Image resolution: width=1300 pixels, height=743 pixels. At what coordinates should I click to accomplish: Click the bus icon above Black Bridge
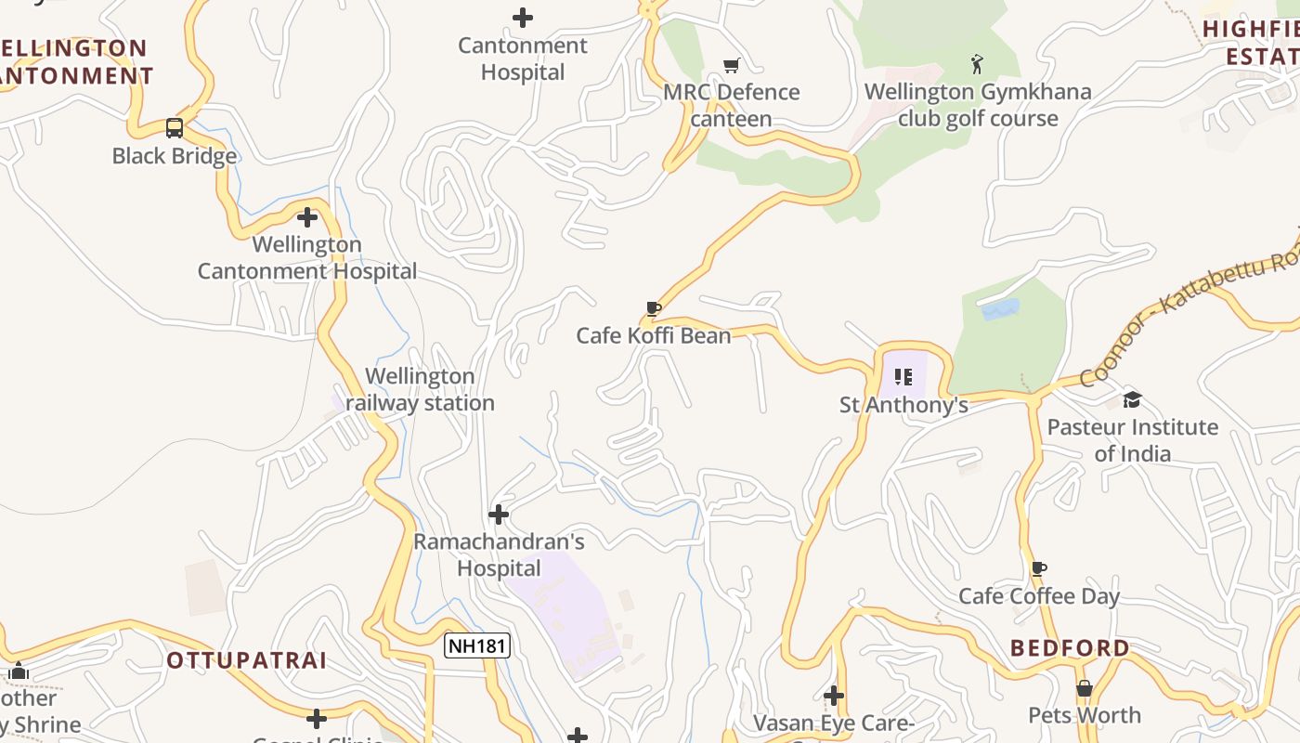point(175,128)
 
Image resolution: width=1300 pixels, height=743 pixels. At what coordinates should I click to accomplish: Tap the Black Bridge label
point(175,156)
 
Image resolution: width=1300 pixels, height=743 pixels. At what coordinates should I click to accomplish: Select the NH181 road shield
point(477,645)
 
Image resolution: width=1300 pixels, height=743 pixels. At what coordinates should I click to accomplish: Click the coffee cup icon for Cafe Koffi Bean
point(654,308)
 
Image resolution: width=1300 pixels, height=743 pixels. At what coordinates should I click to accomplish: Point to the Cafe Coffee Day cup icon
point(1039,568)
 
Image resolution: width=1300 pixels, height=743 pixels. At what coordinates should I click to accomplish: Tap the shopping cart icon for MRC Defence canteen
point(732,65)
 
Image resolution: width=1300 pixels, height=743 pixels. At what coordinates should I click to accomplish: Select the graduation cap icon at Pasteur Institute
point(1132,400)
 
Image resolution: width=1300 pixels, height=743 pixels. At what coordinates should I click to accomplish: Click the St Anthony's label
point(903,405)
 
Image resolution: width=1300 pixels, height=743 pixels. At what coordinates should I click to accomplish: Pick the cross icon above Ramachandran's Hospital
point(499,515)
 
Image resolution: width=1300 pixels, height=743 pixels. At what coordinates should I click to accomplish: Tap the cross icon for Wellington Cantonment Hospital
point(307,218)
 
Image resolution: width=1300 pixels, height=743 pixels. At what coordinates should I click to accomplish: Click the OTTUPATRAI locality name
point(247,661)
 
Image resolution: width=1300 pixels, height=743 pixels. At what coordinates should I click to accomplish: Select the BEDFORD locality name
point(1070,648)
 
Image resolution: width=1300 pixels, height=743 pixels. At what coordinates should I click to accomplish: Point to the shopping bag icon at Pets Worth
point(1085,688)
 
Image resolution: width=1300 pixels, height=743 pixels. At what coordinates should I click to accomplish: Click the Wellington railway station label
point(421,390)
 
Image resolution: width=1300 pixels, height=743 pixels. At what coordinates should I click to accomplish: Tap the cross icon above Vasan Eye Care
point(834,696)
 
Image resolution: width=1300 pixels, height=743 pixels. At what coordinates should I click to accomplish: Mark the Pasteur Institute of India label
point(1132,440)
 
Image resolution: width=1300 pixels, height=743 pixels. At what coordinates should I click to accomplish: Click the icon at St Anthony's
point(903,377)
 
